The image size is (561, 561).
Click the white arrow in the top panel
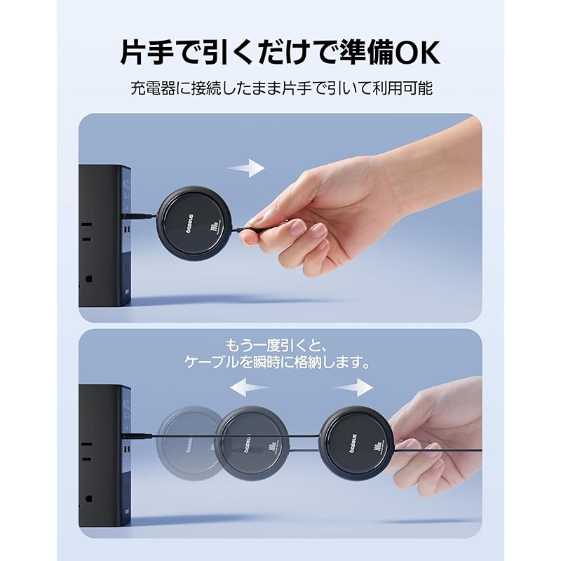tap(245, 168)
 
